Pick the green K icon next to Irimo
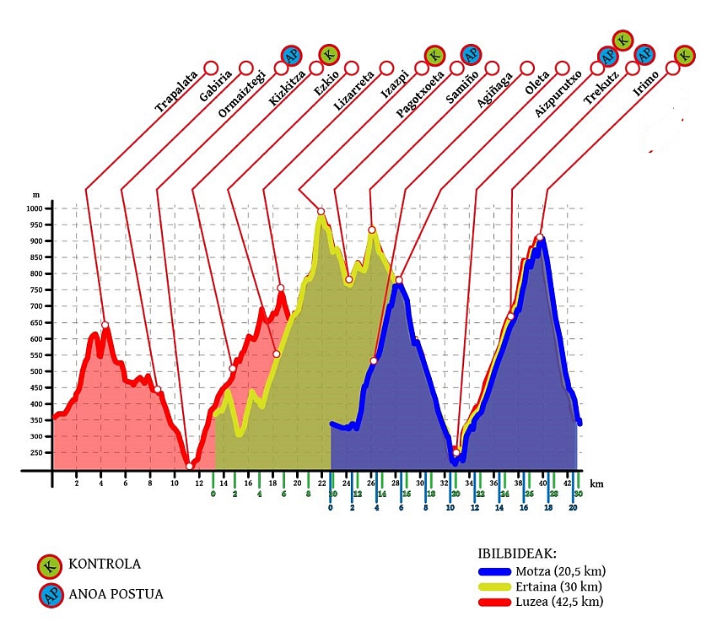click(685, 56)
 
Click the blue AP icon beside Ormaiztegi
click(292, 56)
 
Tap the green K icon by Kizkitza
click(328, 55)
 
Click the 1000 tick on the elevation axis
click(34, 208)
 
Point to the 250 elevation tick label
click(36, 452)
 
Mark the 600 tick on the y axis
click(36, 338)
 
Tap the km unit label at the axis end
click(597, 484)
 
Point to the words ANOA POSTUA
click(119, 595)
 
